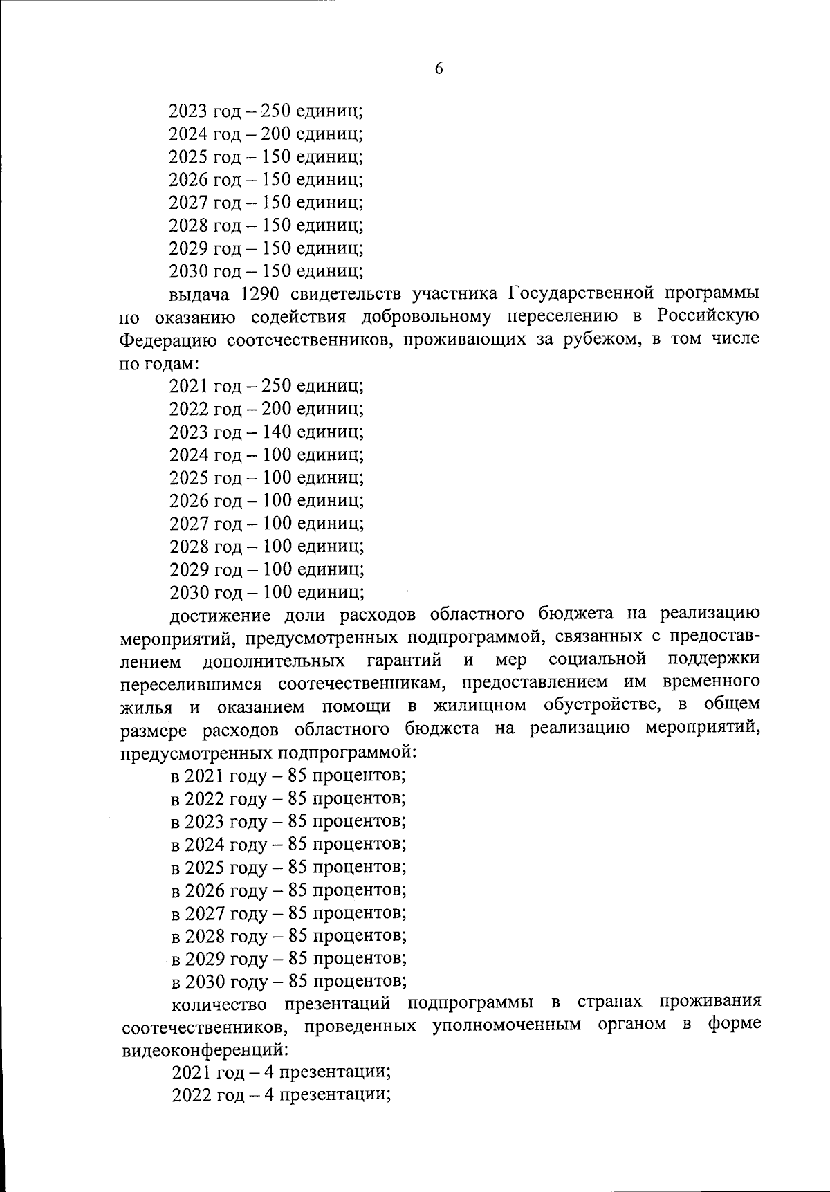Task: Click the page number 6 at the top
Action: (x=439, y=68)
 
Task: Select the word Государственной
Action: (x=580, y=293)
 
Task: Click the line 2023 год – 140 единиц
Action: (x=266, y=432)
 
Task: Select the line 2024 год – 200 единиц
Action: (x=266, y=134)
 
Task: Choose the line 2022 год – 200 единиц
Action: (x=266, y=410)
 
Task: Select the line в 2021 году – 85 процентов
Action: (x=288, y=776)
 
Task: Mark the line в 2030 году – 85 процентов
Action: (x=288, y=981)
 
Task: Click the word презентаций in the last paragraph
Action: (x=338, y=1004)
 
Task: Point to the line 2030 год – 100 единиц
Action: (x=267, y=593)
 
